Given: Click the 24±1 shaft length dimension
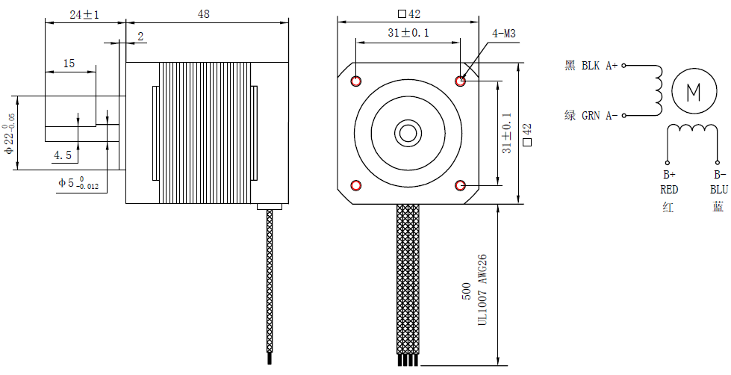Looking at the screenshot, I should tap(84, 14).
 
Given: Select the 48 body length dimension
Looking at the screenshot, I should tap(204, 13).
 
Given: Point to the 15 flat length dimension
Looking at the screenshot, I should tap(69, 64).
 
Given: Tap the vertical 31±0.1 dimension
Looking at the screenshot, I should tap(507, 133).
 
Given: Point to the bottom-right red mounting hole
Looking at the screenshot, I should tap(461, 185).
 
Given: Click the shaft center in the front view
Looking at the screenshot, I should tap(408, 133).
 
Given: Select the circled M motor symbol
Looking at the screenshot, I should tap(694, 92).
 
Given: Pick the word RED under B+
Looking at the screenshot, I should tap(669, 190).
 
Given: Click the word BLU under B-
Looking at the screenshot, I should tap(719, 190).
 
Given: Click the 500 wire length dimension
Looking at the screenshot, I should tap(467, 291).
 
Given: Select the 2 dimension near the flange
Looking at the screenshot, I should tap(140, 36).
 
